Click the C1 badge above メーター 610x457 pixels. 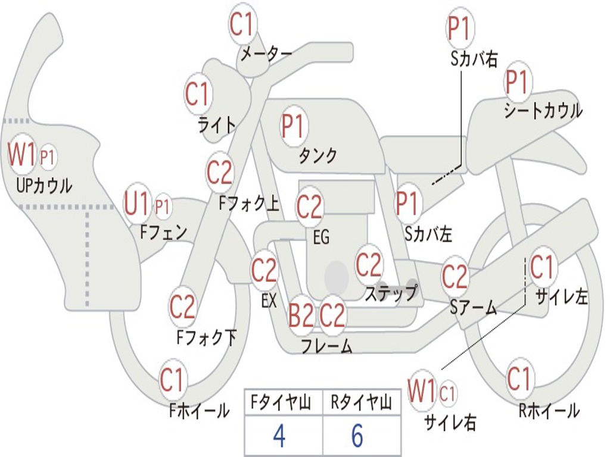(x=242, y=24)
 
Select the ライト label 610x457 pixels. (x=217, y=125)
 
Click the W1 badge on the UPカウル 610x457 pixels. (x=21, y=154)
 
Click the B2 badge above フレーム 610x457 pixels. (x=301, y=315)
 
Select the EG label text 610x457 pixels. (x=321, y=237)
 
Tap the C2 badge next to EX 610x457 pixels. (x=264, y=270)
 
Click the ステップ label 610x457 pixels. (x=391, y=293)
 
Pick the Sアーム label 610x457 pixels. (x=474, y=308)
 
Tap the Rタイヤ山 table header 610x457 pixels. (x=362, y=403)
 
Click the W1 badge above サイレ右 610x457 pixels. (x=421, y=390)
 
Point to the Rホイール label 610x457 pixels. (x=549, y=411)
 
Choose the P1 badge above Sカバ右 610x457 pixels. (x=460, y=28)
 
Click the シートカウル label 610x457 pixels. (x=543, y=110)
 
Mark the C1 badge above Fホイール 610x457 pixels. (x=173, y=379)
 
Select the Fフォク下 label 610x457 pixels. (x=206, y=337)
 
